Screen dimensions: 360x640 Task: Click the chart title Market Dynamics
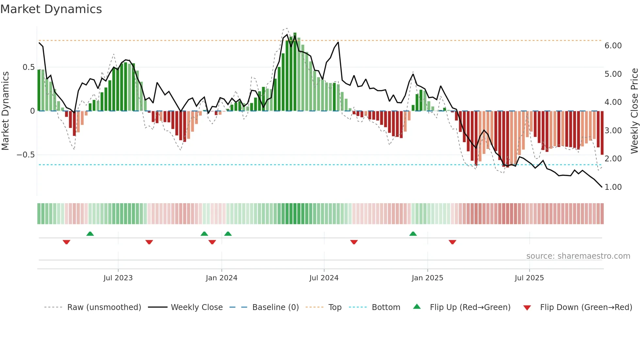pos(51,9)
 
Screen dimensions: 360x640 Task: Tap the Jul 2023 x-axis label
pos(118,278)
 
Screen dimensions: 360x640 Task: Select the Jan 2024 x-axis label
pos(221,278)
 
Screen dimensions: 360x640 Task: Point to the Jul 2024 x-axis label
pos(324,278)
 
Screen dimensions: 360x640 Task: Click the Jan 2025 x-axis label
pos(427,278)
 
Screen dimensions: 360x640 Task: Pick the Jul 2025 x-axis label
pos(529,278)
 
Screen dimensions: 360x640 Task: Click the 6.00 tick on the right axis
pos(613,46)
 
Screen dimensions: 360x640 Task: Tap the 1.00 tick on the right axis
pos(613,187)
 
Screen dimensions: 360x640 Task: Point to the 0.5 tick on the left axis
pos(28,67)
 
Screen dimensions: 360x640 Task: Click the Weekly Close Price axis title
pos(634,111)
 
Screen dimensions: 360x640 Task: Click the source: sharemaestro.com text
pos(578,256)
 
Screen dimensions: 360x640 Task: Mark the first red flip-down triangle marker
pos(66,242)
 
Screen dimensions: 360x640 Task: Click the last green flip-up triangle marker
pos(413,234)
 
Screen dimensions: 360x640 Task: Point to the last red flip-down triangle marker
pos(452,242)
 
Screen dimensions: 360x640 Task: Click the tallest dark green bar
pos(295,72)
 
